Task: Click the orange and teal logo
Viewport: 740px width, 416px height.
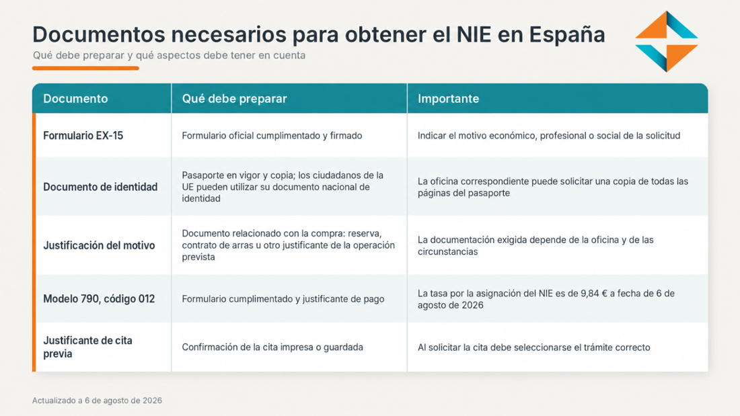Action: tap(667, 42)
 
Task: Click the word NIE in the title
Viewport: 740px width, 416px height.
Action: tap(474, 34)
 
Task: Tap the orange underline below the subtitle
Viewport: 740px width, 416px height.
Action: tap(85, 69)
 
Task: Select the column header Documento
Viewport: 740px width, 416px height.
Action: tap(75, 99)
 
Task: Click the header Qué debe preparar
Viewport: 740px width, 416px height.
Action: tap(235, 99)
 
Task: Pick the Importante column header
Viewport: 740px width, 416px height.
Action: tap(448, 99)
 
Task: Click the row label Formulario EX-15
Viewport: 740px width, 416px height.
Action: tap(83, 136)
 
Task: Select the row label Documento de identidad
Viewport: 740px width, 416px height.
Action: tap(100, 188)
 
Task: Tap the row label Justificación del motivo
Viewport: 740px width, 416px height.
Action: tap(99, 246)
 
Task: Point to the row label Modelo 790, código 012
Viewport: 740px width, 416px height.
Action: tap(99, 299)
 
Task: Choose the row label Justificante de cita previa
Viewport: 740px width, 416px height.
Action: tap(87, 347)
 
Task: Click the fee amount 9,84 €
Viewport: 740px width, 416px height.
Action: tap(594, 294)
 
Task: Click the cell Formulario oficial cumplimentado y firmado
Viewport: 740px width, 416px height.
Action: tap(272, 136)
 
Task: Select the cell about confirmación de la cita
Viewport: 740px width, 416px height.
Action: tap(272, 347)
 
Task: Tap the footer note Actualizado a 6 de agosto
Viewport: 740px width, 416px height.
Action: tap(97, 401)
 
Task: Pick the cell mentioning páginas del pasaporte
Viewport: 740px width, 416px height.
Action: tap(553, 188)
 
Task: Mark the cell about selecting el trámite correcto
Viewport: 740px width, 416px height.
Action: tap(533, 347)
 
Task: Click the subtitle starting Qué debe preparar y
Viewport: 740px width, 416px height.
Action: tap(169, 55)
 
